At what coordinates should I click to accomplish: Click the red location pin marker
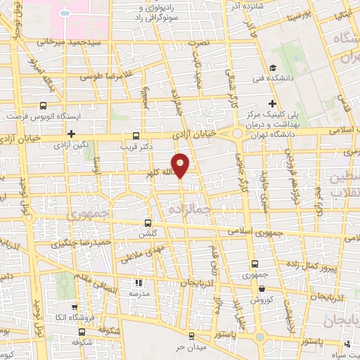tap(181, 165)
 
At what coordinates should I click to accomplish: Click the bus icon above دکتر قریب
tap(136, 136)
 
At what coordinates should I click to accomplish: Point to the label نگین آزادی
tap(71, 145)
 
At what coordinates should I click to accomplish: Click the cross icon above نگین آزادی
tap(71, 134)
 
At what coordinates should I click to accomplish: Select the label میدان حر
tap(190, 347)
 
